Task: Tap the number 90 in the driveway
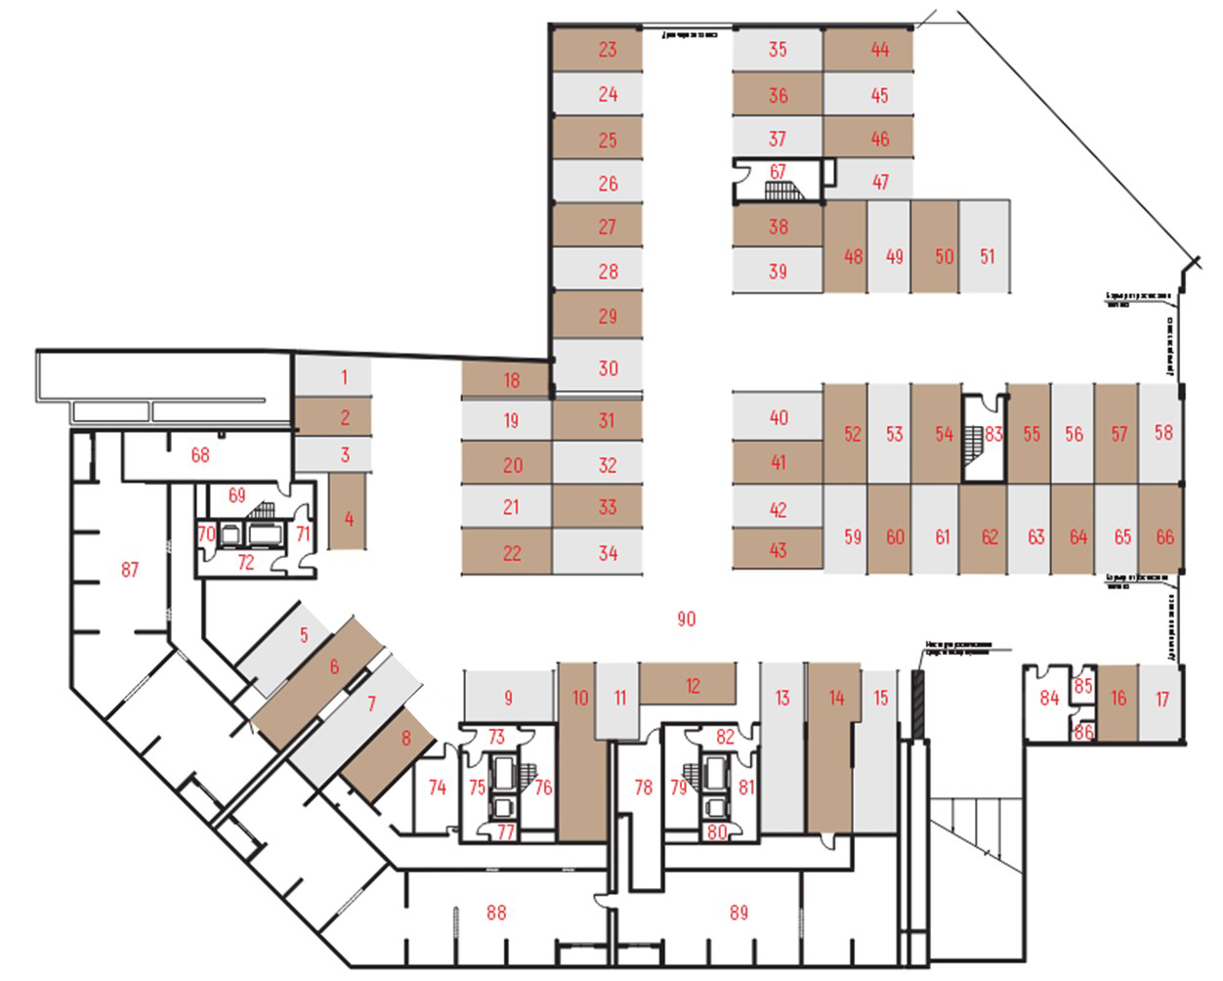(x=687, y=618)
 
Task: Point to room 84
(x=1048, y=698)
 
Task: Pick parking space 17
(x=1161, y=699)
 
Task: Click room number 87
(x=130, y=570)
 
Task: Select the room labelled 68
(x=200, y=455)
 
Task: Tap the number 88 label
(x=496, y=913)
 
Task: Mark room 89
(x=738, y=913)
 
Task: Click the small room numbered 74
(x=437, y=788)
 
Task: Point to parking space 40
(x=778, y=418)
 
